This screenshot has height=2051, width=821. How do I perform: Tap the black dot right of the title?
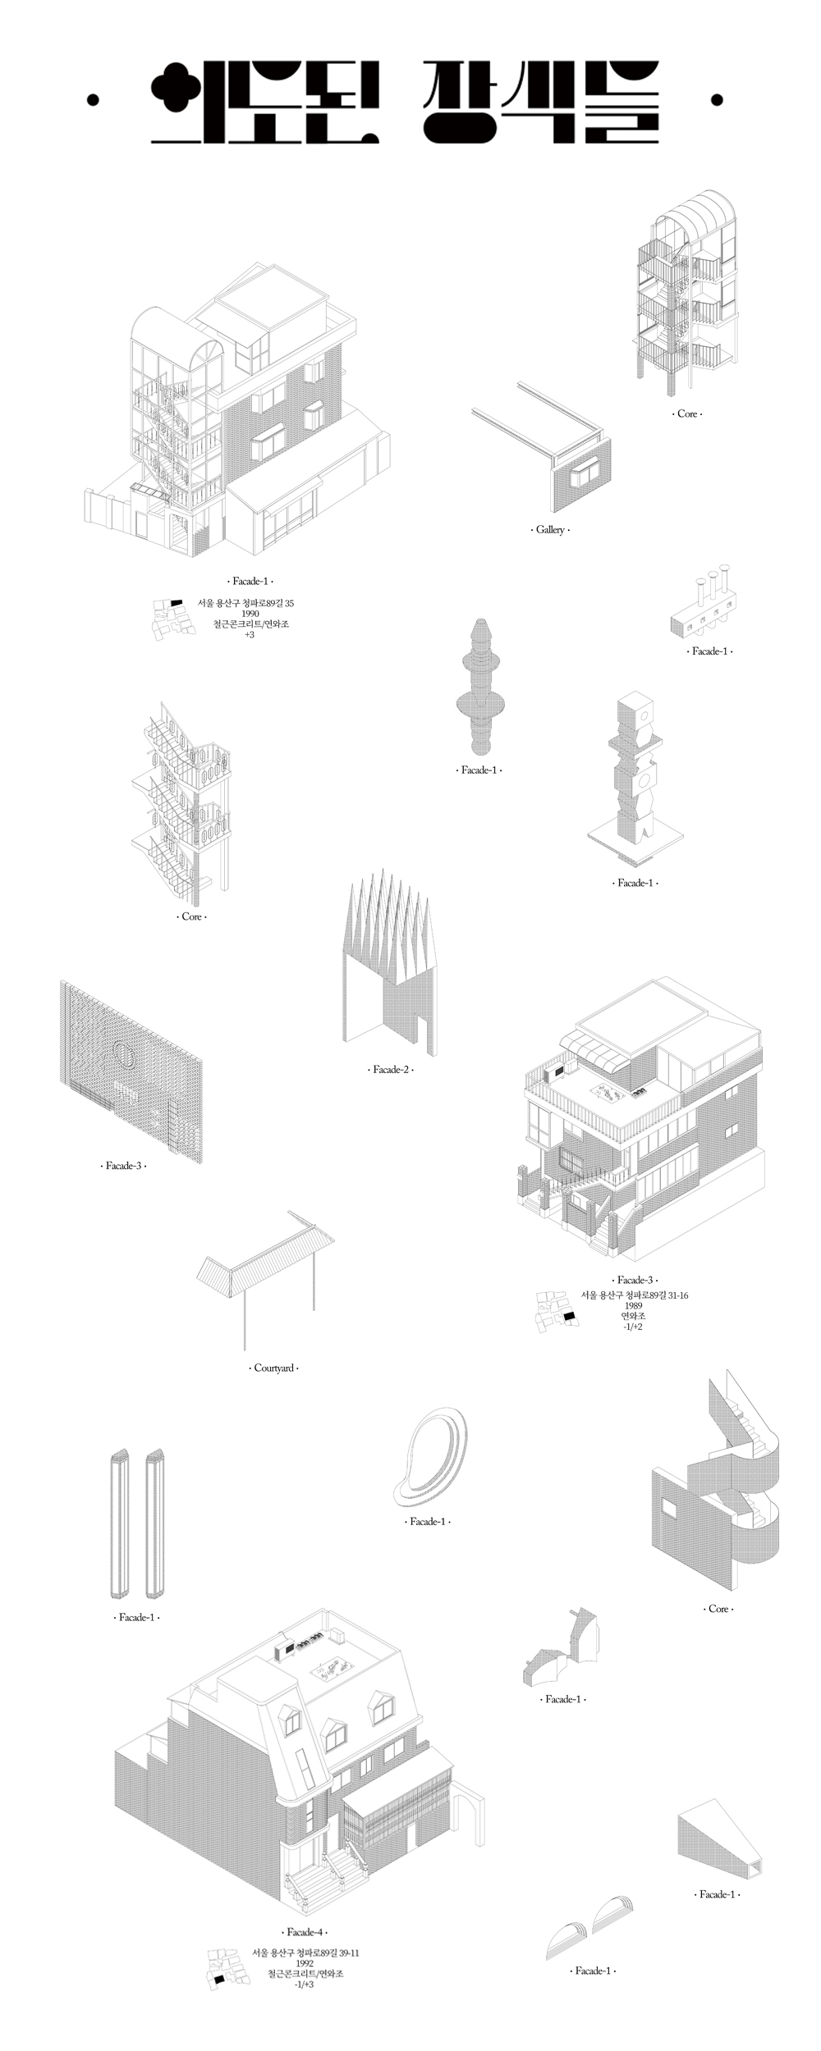pyautogui.click(x=717, y=100)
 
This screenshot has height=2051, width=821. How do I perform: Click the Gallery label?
pyautogui.click(x=550, y=530)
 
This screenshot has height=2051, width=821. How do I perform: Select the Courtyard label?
pyautogui.click(x=273, y=1368)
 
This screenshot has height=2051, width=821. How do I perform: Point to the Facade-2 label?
pyautogui.click(x=390, y=1070)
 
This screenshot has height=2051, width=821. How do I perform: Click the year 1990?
pyautogui.click(x=250, y=614)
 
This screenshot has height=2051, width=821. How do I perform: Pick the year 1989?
pyautogui.click(x=633, y=1305)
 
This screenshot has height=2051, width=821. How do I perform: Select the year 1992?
pyautogui.click(x=305, y=1963)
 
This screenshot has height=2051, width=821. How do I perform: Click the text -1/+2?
pyautogui.click(x=633, y=1327)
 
